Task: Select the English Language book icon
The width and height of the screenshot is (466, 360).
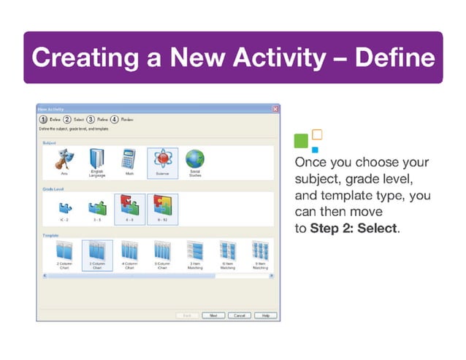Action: click(97, 158)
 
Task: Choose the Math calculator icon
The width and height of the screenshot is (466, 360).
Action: click(129, 158)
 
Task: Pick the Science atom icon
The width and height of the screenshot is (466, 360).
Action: click(161, 159)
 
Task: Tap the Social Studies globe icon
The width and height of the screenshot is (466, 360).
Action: click(194, 158)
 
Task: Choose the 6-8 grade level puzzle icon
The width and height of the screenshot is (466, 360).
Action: click(129, 207)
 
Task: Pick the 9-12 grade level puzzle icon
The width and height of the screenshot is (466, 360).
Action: click(161, 207)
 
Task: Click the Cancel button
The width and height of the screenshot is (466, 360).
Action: click(237, 315)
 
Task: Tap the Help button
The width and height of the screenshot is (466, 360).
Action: click(265, 315)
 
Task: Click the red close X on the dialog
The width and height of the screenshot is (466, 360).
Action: click(275, 109)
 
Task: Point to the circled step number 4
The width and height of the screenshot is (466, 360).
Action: click(115, 119)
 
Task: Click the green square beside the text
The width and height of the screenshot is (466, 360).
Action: click(300, 139)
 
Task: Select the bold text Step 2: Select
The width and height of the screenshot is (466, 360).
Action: click(354, 228)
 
